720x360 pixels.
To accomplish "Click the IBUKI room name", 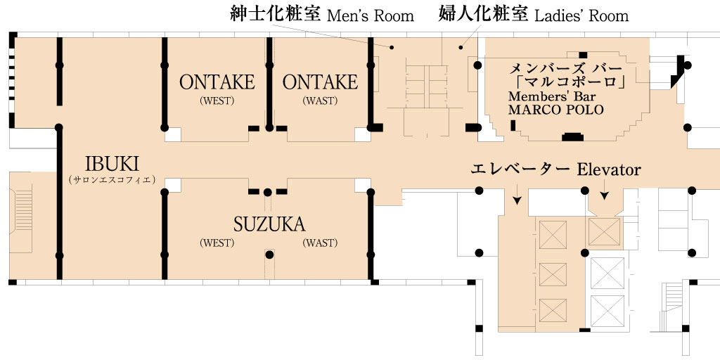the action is pyautogui.click(x=112, y=164).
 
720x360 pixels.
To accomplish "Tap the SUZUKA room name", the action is pyautogui.click(x=269, y=224).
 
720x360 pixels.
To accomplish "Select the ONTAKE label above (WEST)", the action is pyautogui.click(x=217, y=82).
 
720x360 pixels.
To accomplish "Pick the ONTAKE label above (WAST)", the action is pyautogui.click(x=320, y=82).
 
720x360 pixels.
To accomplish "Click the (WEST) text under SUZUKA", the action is pyautogui.click(x=217, y=243).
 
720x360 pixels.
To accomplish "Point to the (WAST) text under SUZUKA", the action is pyautogui.click(x=320, y=243).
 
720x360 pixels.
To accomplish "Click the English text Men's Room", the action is pyautogui.click(x=370, y=15).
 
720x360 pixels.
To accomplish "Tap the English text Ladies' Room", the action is pyautogui.click(x=581, y=15).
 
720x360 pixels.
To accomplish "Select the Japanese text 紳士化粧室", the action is pyautogui.click(x=276, y=14).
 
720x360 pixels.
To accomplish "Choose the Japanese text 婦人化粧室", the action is pyautogui.click(x=484, y=14).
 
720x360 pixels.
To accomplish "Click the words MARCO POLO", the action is pyautogui.click(x=556, y=110).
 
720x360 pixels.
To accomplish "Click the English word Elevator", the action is pyautogui.click(x=608, y=169).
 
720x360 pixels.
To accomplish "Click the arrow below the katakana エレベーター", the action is pyautogui.click(x=517, y=194).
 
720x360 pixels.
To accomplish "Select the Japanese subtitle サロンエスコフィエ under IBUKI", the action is pyautogui.click(x=112, y=179).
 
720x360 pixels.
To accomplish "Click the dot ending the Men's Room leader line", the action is pyautogui.click(x=392, y=47).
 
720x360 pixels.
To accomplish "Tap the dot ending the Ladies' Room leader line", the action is pyautogui.click(x=461, y=47).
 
